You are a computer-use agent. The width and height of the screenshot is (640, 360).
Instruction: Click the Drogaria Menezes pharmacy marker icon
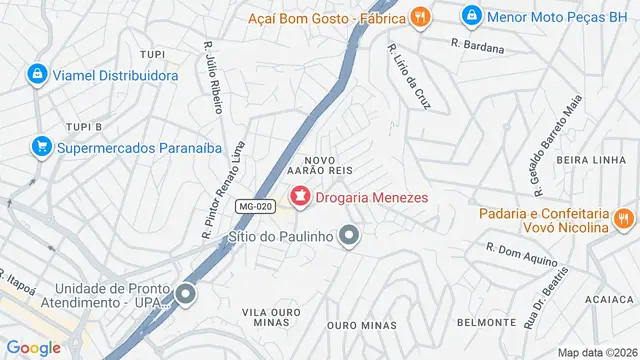[299, 197]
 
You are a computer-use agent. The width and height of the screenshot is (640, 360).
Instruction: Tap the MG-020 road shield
[255, 207]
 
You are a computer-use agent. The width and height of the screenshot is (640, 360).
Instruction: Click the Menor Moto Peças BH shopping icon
[471, 16]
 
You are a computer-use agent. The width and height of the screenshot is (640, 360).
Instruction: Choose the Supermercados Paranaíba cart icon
[41, 147]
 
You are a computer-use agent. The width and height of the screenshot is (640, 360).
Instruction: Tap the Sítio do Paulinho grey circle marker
[349, 236]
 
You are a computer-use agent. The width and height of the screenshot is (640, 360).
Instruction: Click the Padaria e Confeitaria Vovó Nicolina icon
[625, 219]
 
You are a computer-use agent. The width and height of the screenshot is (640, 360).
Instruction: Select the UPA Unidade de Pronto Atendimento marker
[185, 295]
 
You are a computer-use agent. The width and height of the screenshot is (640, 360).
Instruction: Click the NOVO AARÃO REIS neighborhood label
[328, 166]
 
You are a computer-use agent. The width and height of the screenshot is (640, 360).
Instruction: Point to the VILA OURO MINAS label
[271, 319]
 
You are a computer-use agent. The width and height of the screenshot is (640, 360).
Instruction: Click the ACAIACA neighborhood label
[609, 299]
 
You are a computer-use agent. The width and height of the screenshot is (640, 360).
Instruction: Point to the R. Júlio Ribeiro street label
[213, 76]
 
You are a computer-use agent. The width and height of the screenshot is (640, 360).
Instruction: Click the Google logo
[34, 347]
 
